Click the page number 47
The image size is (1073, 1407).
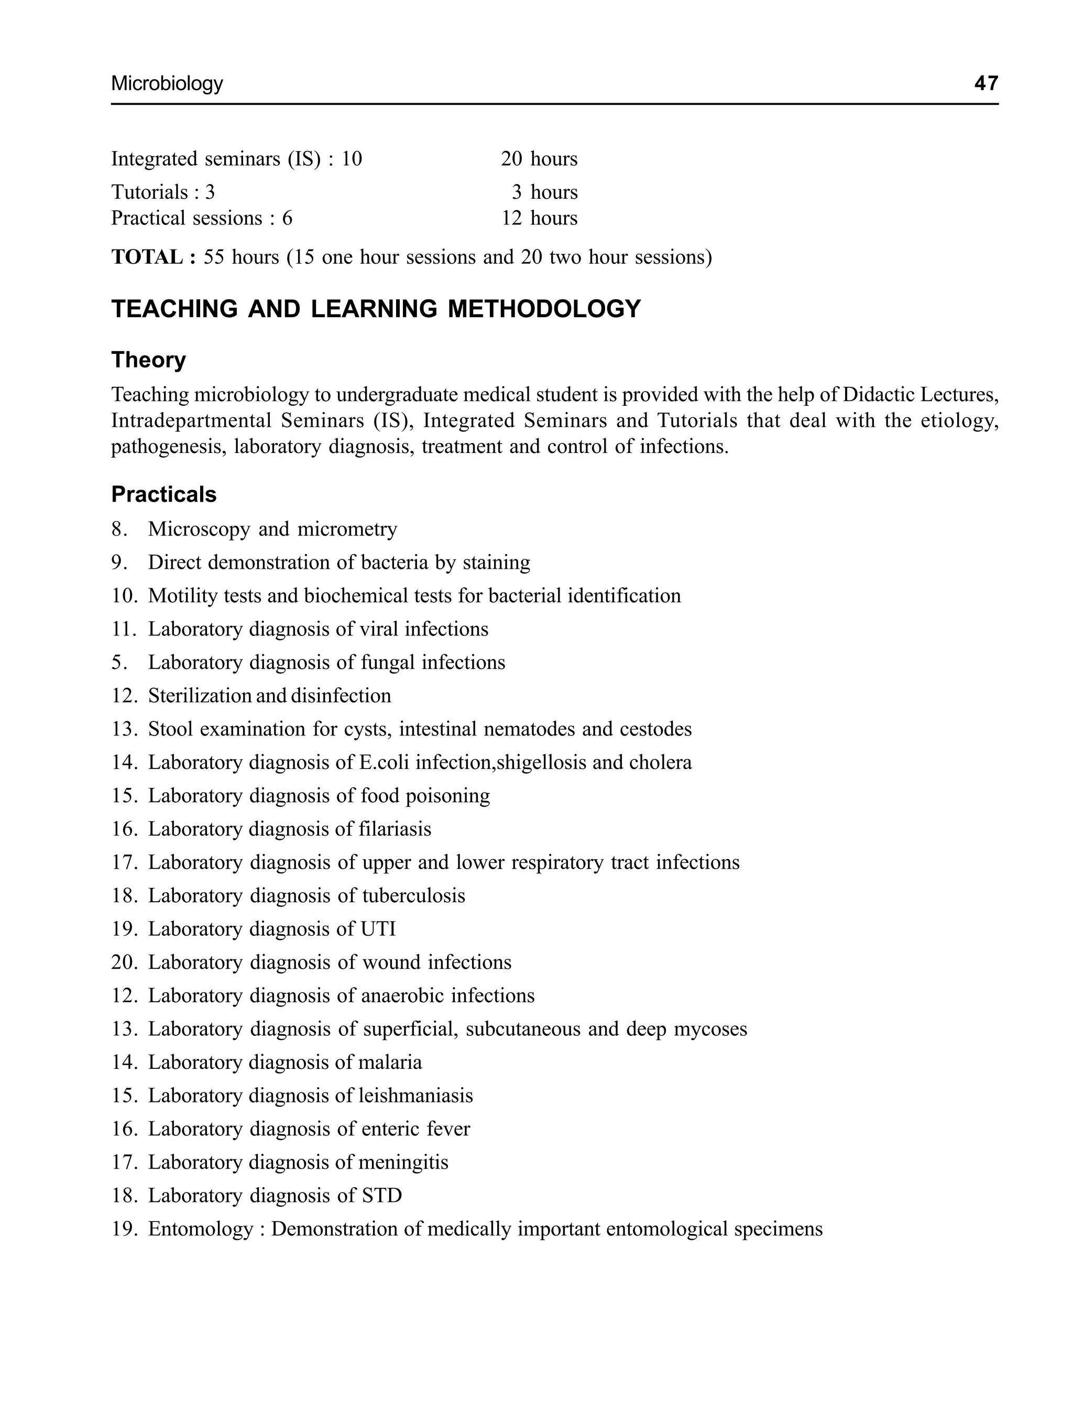tap(986, 83)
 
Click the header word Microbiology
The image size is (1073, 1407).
tap(167, 84)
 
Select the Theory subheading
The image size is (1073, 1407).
tap(148, 360)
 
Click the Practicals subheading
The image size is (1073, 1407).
tap(163, 494)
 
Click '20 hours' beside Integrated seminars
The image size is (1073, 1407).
tap(539, 158)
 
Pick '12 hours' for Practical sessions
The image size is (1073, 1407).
tap(539, 218)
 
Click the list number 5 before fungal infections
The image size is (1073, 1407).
tap(116, 663)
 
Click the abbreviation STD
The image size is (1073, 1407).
tap(381, 1196)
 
